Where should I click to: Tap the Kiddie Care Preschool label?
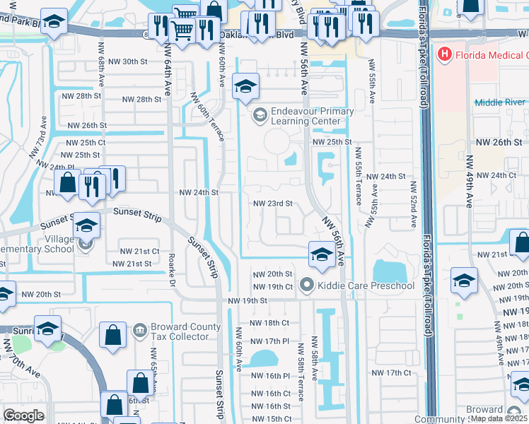[x=366, y=285]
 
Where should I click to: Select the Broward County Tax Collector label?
[x=180, y=331]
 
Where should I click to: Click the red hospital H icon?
[x=445, y=54]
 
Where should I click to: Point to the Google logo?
[x=23, y=416]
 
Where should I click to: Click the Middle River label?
[x=501, y=102]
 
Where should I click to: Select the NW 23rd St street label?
[x=273, y=204]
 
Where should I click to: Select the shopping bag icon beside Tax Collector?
[x=113, y=336]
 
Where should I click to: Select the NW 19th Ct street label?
[x=273, y=286]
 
